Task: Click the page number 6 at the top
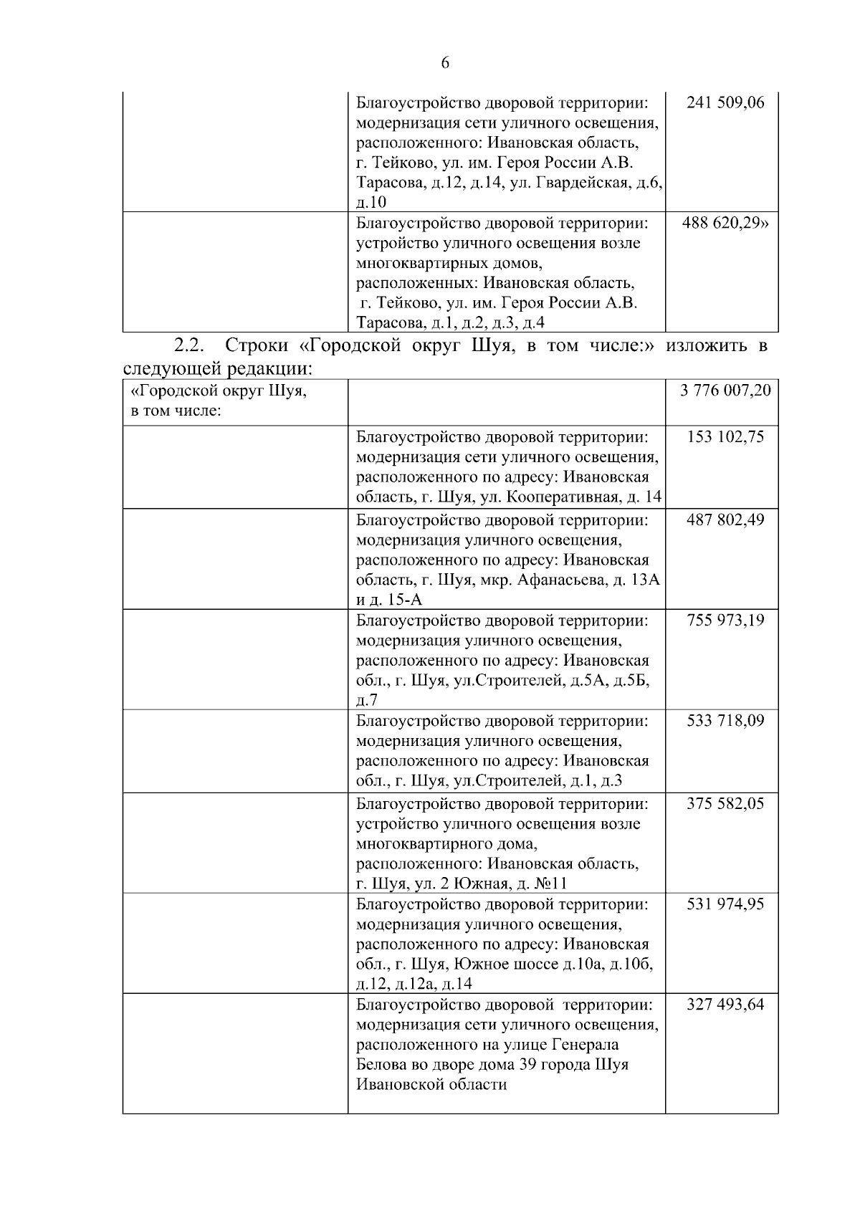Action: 444,63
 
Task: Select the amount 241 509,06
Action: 725,102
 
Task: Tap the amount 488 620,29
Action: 725,223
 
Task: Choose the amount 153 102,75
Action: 725,437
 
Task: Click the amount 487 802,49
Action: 725,520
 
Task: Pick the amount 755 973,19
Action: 725,620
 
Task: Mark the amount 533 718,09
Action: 725,720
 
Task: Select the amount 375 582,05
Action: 725,803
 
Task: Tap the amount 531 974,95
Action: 725,904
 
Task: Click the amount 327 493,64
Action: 725,1004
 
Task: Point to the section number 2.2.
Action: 189,345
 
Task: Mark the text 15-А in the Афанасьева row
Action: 404,600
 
